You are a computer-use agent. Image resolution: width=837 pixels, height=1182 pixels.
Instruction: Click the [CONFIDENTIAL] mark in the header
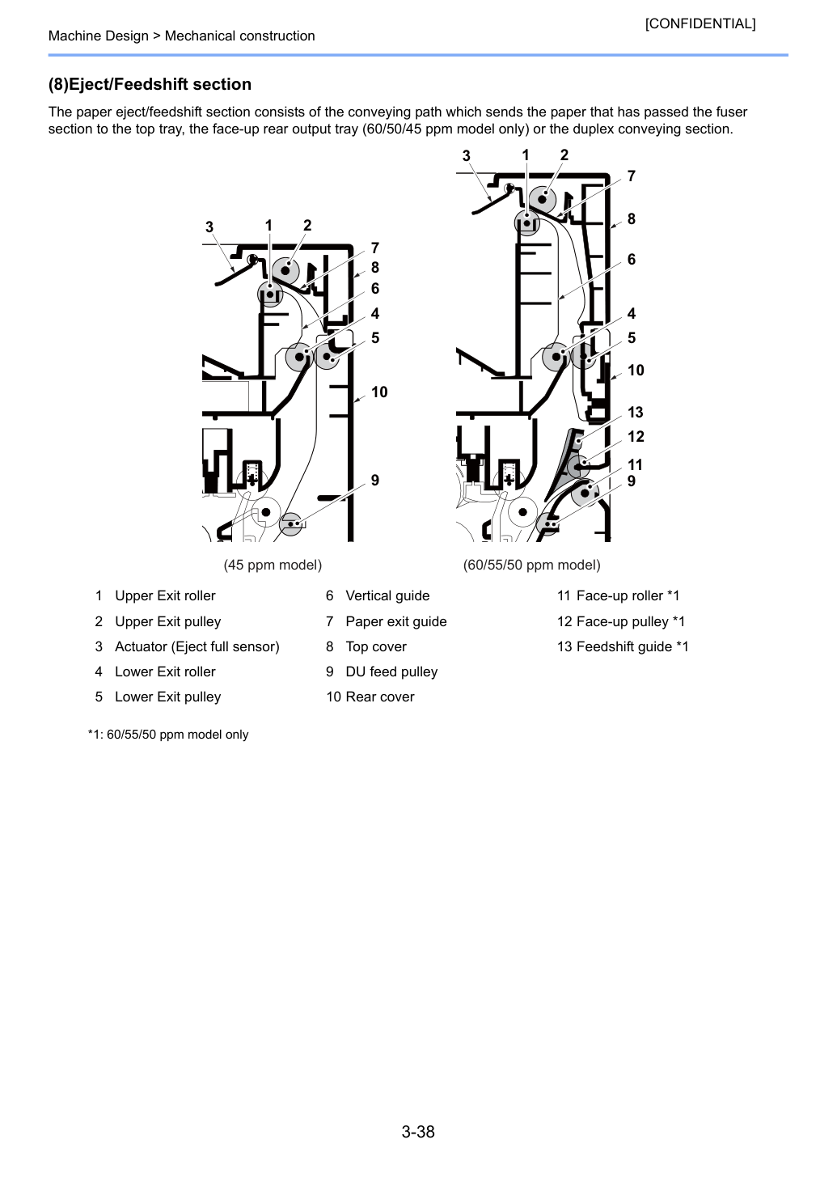(x=700, y=23)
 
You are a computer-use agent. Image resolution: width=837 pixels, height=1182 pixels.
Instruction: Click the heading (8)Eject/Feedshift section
(x=150, y=84)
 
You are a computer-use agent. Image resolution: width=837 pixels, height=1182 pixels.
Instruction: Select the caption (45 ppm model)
(x=273, y=566)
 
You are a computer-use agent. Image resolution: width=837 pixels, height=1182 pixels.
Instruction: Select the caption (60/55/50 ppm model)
(x=531, y=566)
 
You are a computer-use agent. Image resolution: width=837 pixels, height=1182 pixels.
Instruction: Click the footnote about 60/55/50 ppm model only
(x=168, y=735)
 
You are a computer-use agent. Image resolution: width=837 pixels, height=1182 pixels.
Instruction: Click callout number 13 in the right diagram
(x=636, y=412)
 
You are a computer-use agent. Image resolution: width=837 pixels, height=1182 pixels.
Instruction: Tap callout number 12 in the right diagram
(x=636, y=436)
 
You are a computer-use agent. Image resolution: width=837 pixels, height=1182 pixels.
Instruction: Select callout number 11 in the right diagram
(x=635, y=465)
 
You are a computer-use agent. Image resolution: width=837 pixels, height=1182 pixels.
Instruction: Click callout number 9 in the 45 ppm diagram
(x=375, y=481)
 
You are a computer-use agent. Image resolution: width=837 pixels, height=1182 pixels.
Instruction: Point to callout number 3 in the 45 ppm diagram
(x=209, y=227)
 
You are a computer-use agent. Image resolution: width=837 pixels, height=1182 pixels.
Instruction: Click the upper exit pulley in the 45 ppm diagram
(x=285, y=271)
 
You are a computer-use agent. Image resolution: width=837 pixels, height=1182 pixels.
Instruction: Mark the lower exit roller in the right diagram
(x=556, y=357)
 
